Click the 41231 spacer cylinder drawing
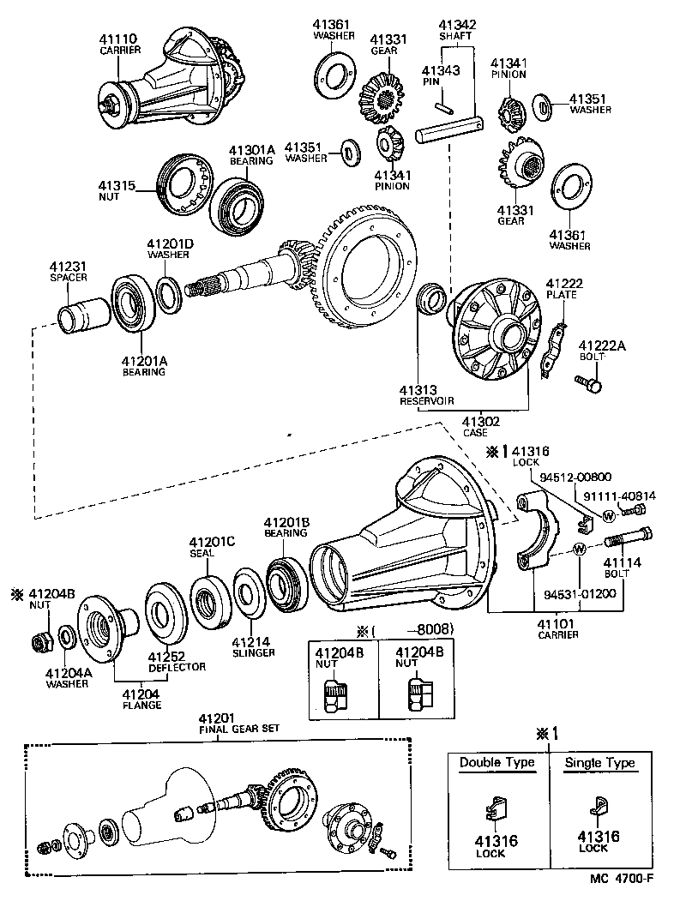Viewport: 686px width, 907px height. pos(83,309)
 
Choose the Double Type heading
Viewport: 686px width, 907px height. pos(496,762)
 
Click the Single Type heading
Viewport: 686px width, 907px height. pos(599,762)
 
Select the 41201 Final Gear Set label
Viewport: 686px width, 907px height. pos(226,723)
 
